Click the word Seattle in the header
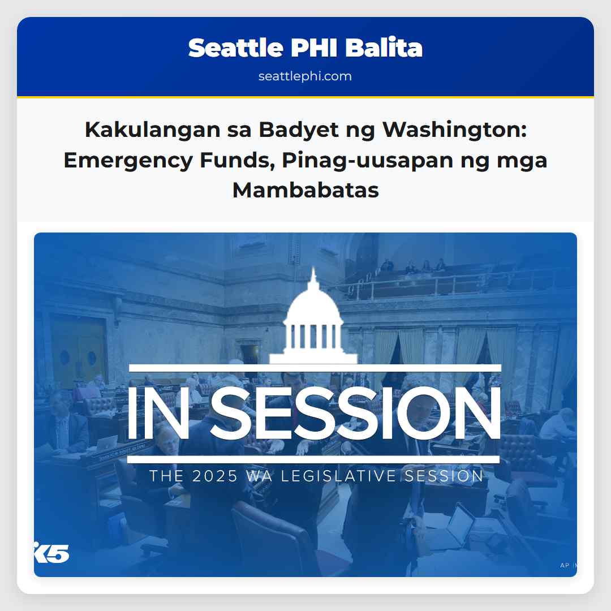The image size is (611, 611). (x=235, y=48)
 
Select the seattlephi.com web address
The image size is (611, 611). (x=305, y=76)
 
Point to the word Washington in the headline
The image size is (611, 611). (x=455, y=130)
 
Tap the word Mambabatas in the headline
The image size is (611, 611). (x=305, y=190)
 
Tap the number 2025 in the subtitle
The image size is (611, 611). (x=215, y=476)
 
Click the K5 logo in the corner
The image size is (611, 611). (x=52, y=553)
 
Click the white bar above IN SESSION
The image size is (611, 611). (x=315, y=368)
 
